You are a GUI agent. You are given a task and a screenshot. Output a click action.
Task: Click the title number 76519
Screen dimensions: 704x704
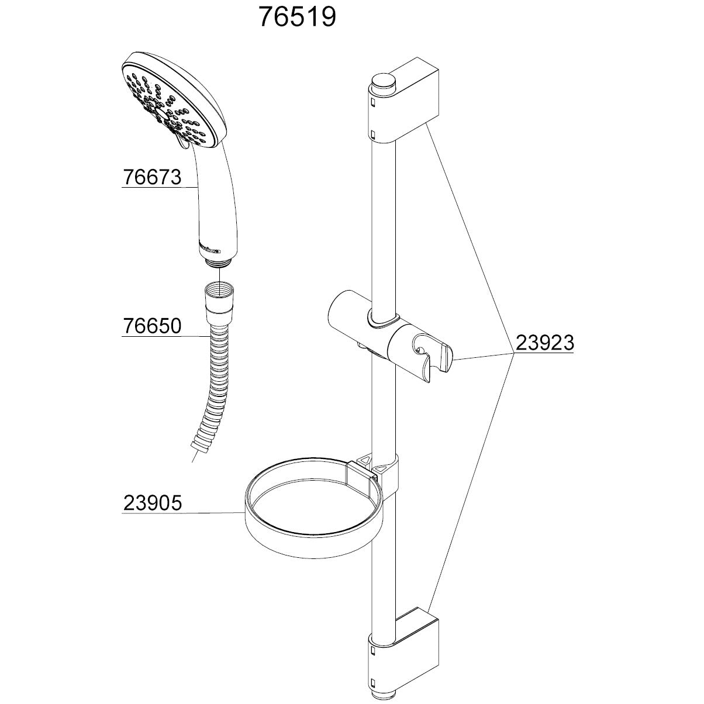point(297,18)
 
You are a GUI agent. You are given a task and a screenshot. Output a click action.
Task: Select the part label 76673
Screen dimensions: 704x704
point(152,177)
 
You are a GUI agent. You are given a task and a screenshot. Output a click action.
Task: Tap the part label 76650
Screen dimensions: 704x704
point(152,326)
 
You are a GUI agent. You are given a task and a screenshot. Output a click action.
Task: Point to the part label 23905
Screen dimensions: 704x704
point(152,503)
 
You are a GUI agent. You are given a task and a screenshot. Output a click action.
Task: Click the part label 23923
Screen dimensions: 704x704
point(544,343)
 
